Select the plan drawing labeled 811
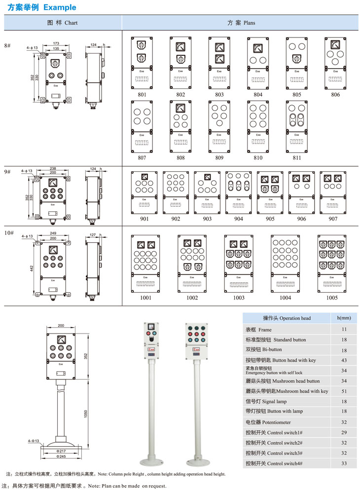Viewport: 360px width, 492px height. [296, 126]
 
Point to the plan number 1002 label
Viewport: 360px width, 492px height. [192, 298]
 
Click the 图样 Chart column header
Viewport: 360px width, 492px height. [62, 23]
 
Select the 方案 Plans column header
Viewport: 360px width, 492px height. [241, 23]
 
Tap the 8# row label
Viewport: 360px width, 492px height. [7, 45]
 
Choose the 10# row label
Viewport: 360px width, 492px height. [9, 232]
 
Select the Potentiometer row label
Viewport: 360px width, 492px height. [268, 422]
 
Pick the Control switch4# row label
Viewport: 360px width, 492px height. [274, 463]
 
